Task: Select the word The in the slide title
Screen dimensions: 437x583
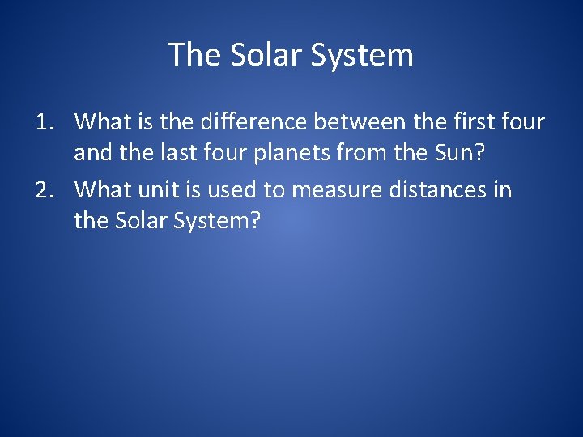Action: pyautogui.click(x=194, y=55)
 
